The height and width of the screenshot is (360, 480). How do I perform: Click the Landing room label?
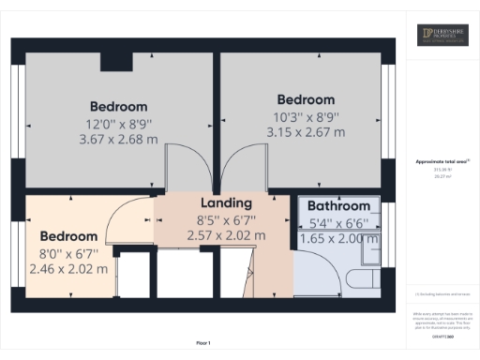click(x=226, y=202)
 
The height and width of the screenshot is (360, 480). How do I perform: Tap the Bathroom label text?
click(x=339, y=206)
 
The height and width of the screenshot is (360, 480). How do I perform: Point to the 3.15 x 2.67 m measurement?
click(x=306, y=132)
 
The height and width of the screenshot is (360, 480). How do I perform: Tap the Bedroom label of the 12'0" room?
click(x=119, y=105)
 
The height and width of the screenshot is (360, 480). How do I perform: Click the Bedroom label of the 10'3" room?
click(x=306, y=99)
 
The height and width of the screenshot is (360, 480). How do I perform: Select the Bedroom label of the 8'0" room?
click(x=67, y=236)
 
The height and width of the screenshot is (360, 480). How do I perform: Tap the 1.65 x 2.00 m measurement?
click(x=339, y=239)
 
